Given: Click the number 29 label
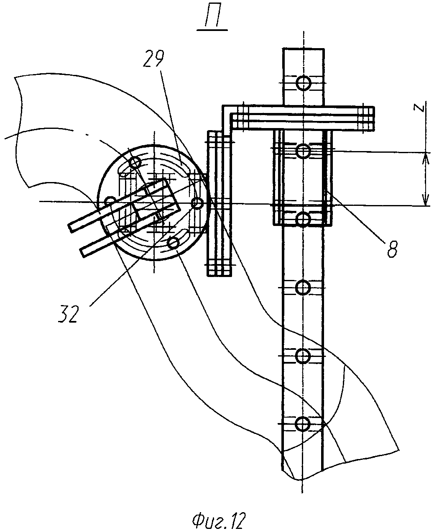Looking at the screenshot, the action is [x=153, y=59].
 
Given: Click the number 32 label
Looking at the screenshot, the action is [x=68, y=314].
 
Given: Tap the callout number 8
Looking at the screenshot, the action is [x=392, y=249].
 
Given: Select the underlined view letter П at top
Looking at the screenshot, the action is [x=212, y=20].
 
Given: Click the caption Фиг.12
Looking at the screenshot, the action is [x=218, y=519].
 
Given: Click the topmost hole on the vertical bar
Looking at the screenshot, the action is [x=304, y=83].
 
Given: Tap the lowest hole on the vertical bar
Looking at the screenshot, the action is [x=303, y=424].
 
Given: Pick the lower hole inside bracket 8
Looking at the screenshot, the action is [x=303, y=218].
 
